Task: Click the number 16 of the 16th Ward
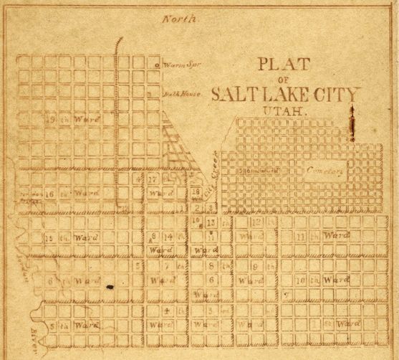[x=49, y=194]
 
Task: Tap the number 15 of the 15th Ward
[x=49, y=238]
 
